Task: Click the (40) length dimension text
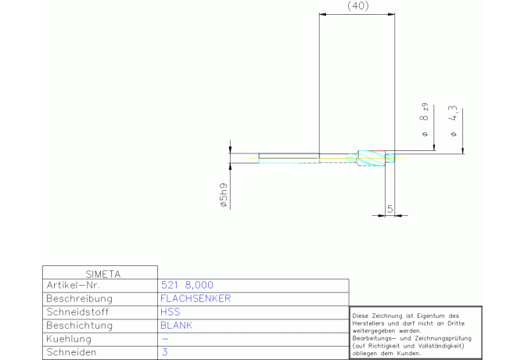tap(358, 6)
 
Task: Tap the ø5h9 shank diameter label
tap(224, 195)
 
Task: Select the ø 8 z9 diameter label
tap(425, 120)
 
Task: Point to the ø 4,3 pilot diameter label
tap(453, 121)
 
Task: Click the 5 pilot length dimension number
tap(389, 209)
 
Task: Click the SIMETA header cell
tap(103, 274)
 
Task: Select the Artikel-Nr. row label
tap(74, 285)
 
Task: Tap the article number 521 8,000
tap(187, 285)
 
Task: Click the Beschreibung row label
tap(79, 298)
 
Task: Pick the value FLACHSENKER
tap(196, 298)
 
